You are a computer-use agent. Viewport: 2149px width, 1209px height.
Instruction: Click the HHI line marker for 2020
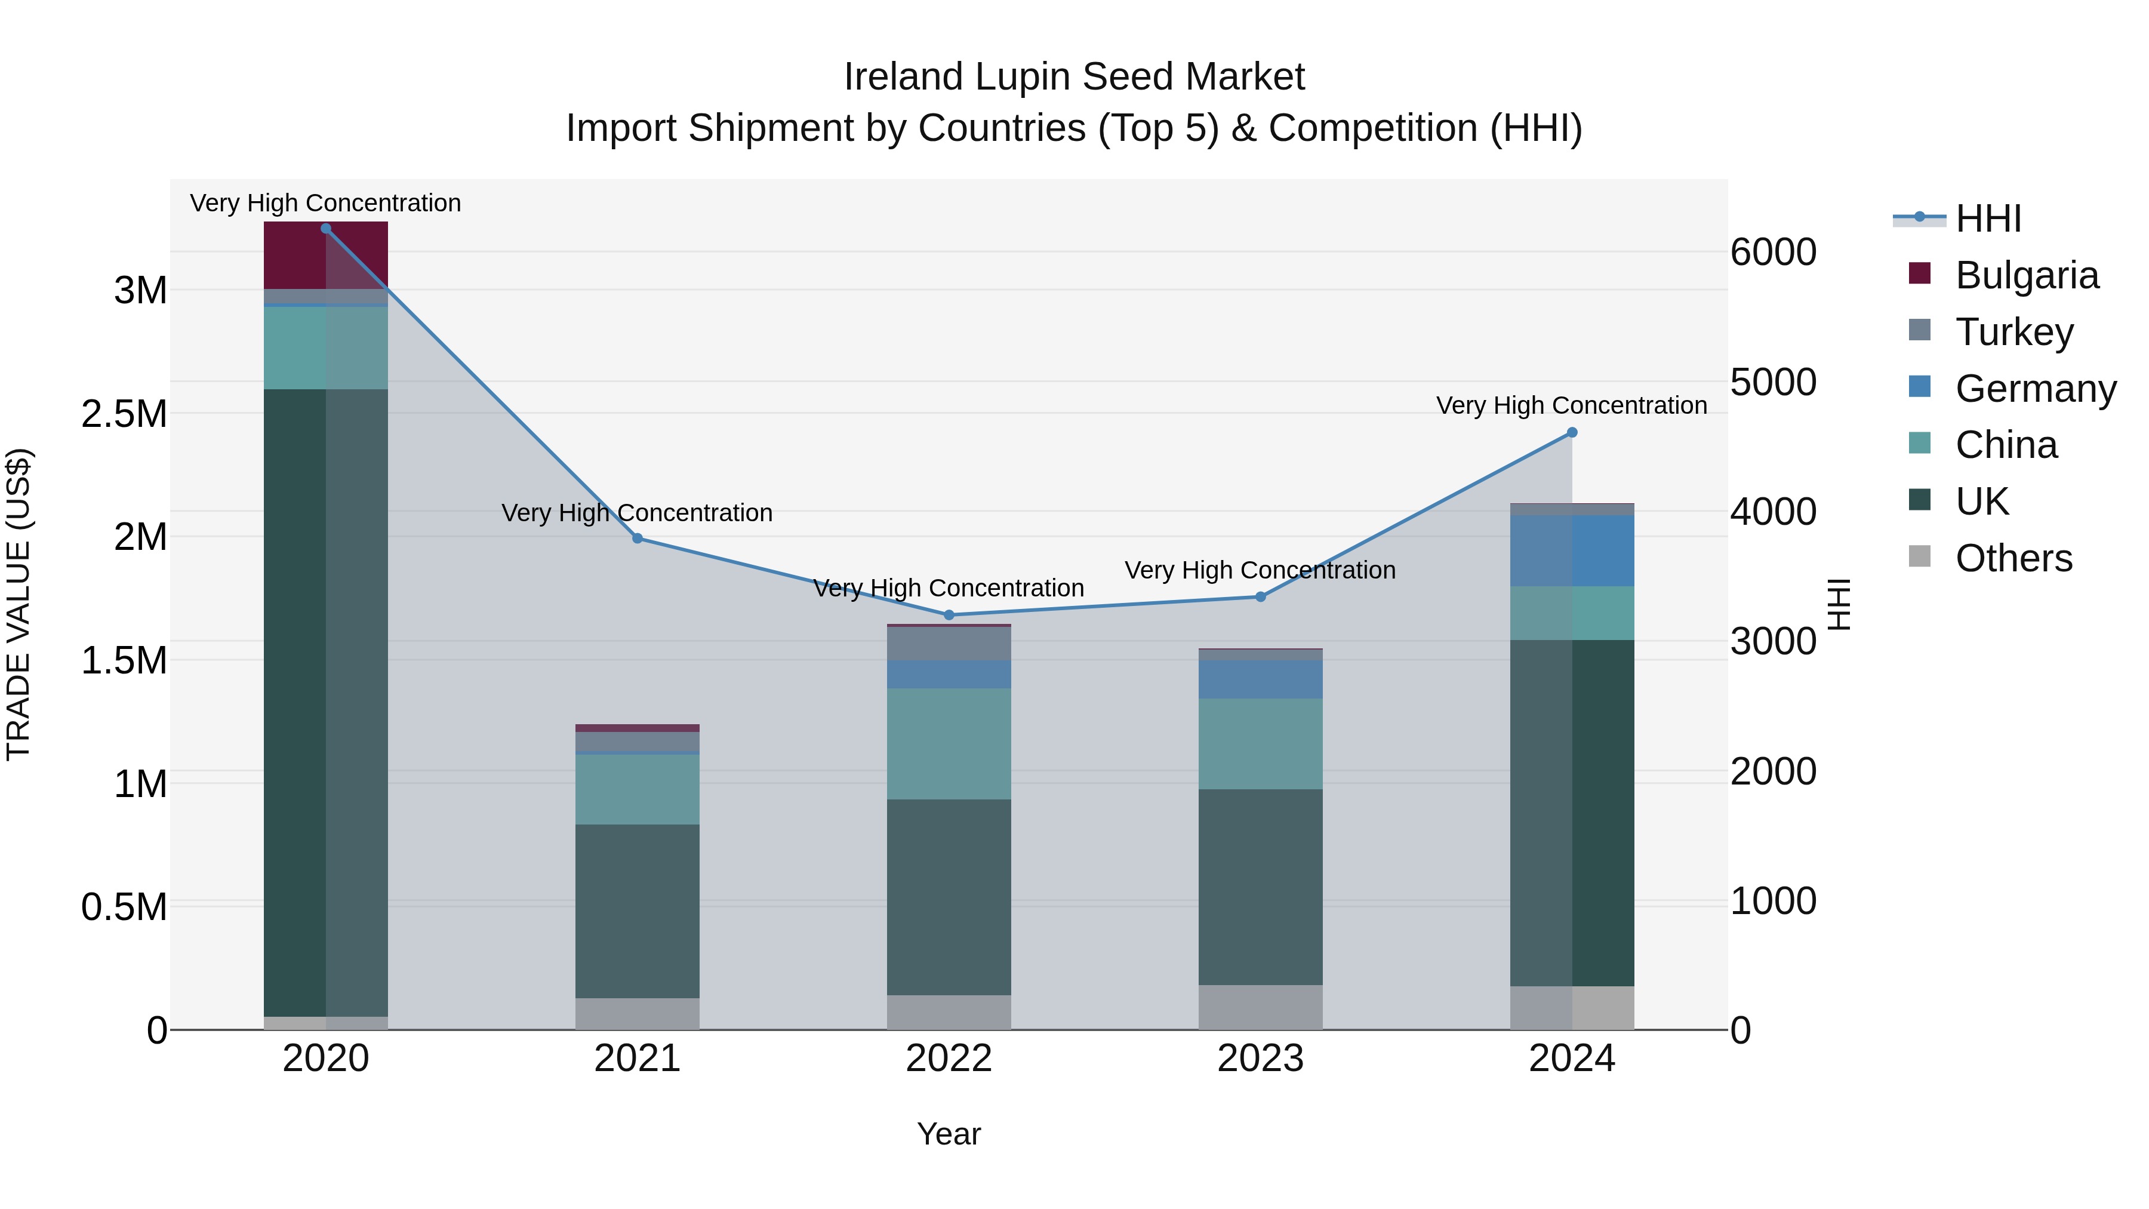coord(325,229)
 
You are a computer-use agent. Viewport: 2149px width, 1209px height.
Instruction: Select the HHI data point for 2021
coord(638,538)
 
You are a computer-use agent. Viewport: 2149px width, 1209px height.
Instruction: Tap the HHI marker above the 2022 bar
coord(949,615)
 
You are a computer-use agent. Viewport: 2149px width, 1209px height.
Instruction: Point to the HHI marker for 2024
coord(1572,432)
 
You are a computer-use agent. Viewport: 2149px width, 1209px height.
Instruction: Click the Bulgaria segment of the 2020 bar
coord(325,256)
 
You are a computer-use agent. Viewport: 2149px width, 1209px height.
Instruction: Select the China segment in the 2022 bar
coord(949,743)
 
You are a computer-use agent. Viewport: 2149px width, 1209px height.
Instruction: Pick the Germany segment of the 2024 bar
coord(1572,550)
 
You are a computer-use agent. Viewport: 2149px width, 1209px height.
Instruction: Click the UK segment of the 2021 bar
coord(638,911)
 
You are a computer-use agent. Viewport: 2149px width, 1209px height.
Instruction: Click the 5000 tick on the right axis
coord(1773,382)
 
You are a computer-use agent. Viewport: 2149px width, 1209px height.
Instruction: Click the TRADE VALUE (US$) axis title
coord(19,604)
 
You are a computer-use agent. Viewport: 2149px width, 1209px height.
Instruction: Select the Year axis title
coord(949,1134)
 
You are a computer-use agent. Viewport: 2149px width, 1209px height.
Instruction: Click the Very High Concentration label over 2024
coord(1571,405)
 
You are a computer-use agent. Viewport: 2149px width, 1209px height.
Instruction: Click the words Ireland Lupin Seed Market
coord(1074,77)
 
